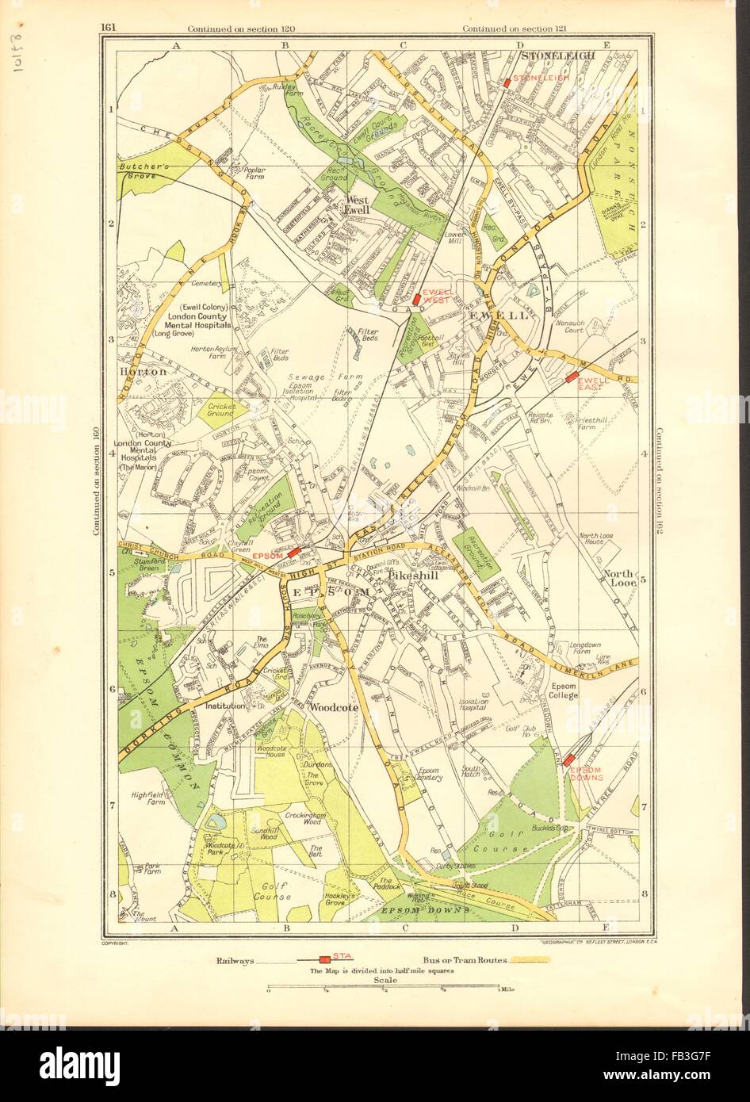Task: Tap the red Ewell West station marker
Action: tap(416, 299)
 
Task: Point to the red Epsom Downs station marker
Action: tap(568, 760)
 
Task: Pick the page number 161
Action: tap(109, 29)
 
